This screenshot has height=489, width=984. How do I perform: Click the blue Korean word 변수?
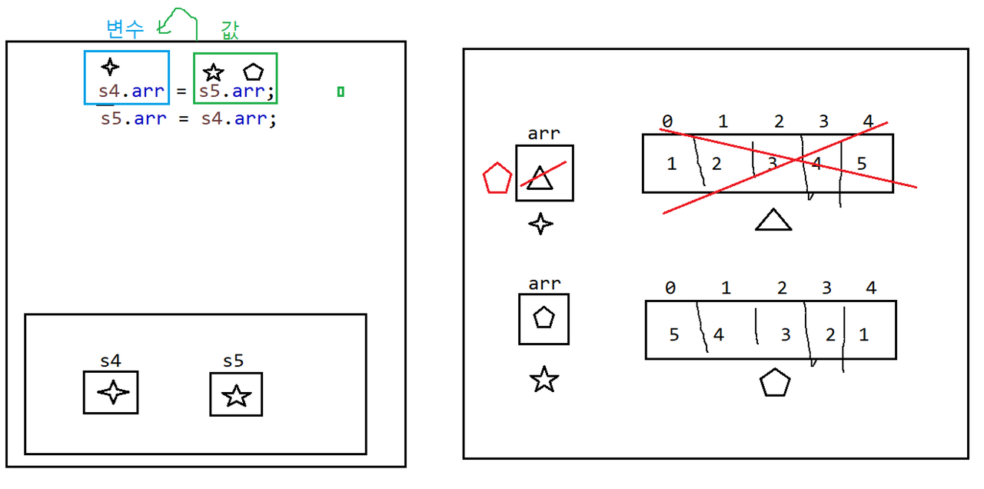click(x=125, y=28)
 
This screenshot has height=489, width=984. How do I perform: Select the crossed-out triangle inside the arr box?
click(x=540, y=178)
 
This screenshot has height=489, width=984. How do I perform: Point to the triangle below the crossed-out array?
click(x=773, y=221)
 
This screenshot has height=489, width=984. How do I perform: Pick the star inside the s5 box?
click(x=236, y=395)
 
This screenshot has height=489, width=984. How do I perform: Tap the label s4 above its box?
click(x=111, y=361)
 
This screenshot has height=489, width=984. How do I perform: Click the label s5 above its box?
click(x=234, y=361)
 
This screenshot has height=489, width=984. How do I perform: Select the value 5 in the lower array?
click(x=674, y=334)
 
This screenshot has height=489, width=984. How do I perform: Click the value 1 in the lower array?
click(x=863, y=334)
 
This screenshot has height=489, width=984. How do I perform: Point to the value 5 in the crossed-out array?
click(x=861, y=163)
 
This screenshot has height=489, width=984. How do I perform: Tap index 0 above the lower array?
click(x=670, y=288)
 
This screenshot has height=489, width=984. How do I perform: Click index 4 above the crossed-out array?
click(x=868, y=121)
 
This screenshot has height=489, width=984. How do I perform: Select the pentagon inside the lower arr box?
click(x=544, y=318)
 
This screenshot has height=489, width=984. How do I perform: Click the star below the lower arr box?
click(x=544, y=379)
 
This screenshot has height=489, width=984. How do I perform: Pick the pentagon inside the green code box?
click(x=253, y=72)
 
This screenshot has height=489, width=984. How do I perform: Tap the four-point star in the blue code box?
click(x=111, y=67)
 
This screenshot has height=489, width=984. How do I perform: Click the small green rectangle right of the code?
click(x=341, y=92)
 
